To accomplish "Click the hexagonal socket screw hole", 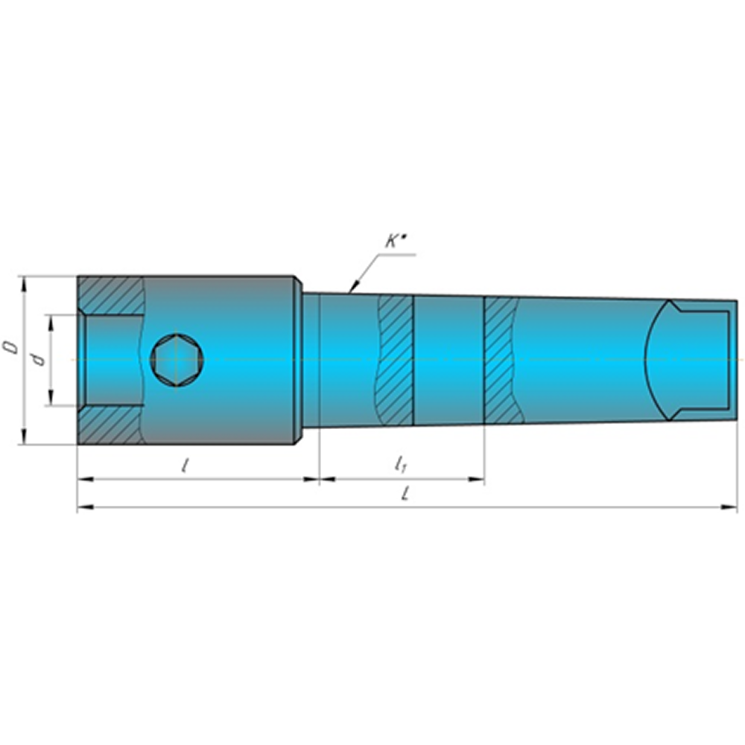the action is point(177,360).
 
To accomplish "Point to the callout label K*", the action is point(394,241).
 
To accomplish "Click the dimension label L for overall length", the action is point(405,495).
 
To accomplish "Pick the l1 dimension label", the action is point(401,464).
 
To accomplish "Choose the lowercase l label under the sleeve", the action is point(184,465).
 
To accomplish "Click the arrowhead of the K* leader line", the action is point(352,287).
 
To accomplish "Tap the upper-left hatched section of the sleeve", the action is point(111,296).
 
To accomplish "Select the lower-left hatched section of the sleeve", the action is point(111,425).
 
